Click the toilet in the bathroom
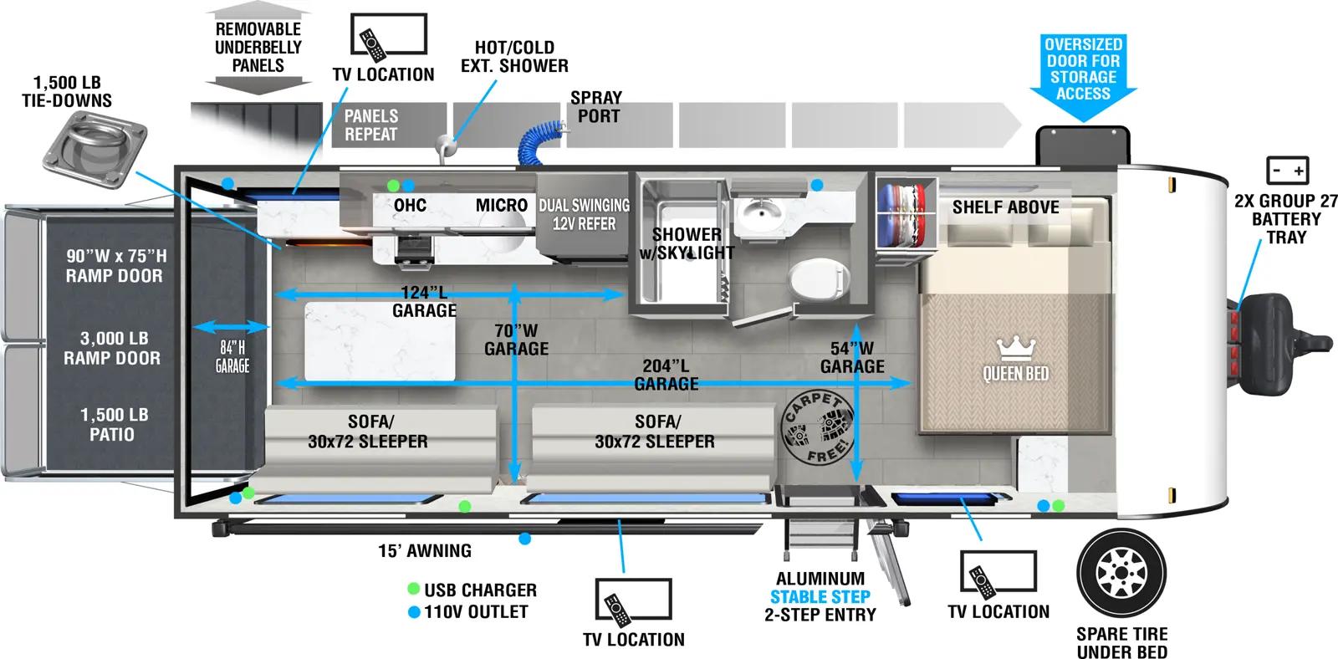tap(817, 279)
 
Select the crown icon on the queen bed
tap(1016, 346)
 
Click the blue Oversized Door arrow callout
tap(1083, 75)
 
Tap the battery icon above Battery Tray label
tap(1287, 171)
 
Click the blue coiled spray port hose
tap(543, 140)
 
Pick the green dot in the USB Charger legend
tap(413, 590)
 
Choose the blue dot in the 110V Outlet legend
tap(413, 612)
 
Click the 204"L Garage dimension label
tap(666, 375)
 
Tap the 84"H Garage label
tap(232, 356)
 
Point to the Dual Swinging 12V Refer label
tap(584, 215)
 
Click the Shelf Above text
tap(1005, 207)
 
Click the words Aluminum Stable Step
tap(820, 588)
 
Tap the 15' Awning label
tap(425, 550)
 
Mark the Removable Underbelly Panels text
tap(258, 47)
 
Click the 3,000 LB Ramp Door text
tap(114, 348)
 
